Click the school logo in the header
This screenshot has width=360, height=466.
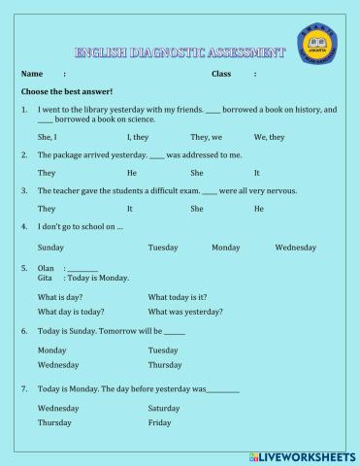316,49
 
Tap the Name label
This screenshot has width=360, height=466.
32,74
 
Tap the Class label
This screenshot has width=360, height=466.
221,74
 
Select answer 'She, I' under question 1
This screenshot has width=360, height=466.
48,137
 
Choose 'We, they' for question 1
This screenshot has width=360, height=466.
269,137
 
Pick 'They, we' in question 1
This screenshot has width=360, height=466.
206,137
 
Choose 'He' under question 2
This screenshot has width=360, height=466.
132,173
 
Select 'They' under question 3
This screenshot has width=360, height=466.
47,209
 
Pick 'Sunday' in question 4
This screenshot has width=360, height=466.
50,248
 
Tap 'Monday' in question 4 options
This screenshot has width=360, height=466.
225,248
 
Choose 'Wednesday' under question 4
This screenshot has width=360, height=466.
295,248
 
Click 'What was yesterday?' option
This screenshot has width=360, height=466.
184,312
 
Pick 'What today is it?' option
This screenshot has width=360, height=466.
177,296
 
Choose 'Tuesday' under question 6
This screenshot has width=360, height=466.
163,350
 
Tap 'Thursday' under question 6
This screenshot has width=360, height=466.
164,365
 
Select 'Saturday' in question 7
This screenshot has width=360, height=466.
164,409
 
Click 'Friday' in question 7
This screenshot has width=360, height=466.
159,423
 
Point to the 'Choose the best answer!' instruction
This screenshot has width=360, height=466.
67,91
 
